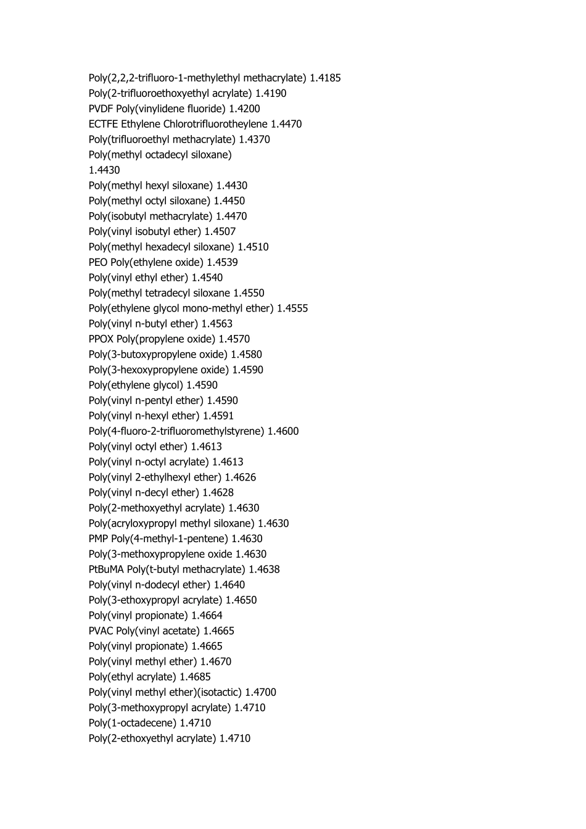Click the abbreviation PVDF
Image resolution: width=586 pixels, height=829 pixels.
coord(101,109)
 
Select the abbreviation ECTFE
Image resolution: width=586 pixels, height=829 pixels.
coord(103,124)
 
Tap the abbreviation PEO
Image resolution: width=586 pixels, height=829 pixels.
coord(98,262)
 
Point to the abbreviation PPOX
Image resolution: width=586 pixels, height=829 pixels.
coord(101,339)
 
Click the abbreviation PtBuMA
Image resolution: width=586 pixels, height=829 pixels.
coord(106,569)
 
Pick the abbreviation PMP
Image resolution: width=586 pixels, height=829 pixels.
coord(99,538)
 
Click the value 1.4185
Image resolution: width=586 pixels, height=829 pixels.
coord(325,78)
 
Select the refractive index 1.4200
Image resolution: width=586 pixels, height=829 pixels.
coord(244,109)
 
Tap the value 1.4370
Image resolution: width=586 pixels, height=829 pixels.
coord(254,139)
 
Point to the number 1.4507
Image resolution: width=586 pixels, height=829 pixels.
coord(220,231)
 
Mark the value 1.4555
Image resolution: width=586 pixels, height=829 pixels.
coord(292,308)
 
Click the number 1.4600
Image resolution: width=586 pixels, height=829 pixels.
coord(283,431)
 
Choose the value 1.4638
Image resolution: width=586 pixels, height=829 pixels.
coord(264,569)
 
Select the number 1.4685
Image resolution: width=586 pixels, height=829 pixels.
coord(195,677)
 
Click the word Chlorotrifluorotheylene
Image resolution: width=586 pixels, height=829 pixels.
coord(215,124)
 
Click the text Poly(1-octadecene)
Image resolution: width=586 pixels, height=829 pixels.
coord(133,723)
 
